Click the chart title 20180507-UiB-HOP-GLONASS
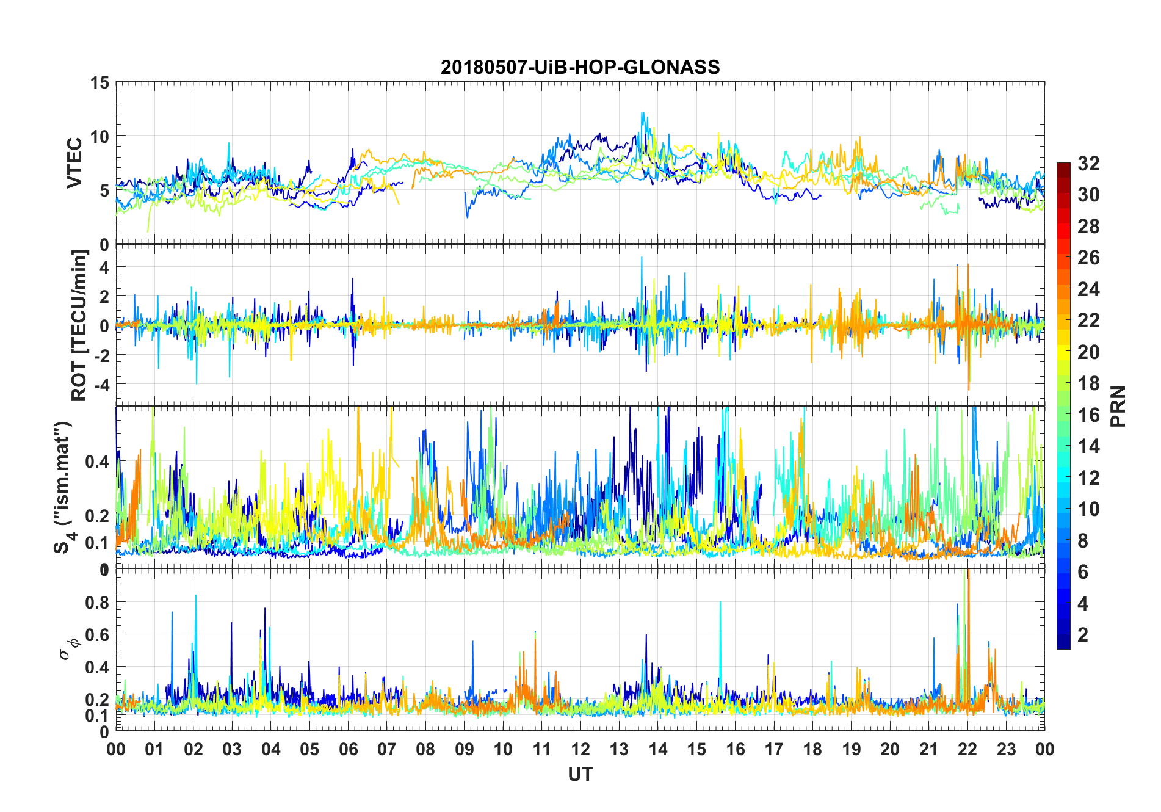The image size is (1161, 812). click(580, 67)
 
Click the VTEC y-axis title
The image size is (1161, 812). click(74, 163)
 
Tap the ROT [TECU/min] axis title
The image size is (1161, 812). click(79, 325)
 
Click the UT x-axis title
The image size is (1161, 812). click(580, 775)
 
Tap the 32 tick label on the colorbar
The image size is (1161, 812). click(1088, 164)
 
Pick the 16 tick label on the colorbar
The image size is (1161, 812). click(1088, 415)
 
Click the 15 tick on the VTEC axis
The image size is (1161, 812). click(99, 83)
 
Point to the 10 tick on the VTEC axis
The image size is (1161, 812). click(99, 137)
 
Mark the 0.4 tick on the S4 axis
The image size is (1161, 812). click(96, 462)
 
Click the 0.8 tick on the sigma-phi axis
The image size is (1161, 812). click(96, 603)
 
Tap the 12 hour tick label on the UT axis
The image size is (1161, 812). click(580, 750)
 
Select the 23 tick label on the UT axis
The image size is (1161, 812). click(1006, 750)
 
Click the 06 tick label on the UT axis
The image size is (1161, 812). click(348, 750)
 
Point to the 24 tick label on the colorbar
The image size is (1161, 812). click(1088, 289)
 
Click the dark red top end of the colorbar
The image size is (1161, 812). click(1063, 166)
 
